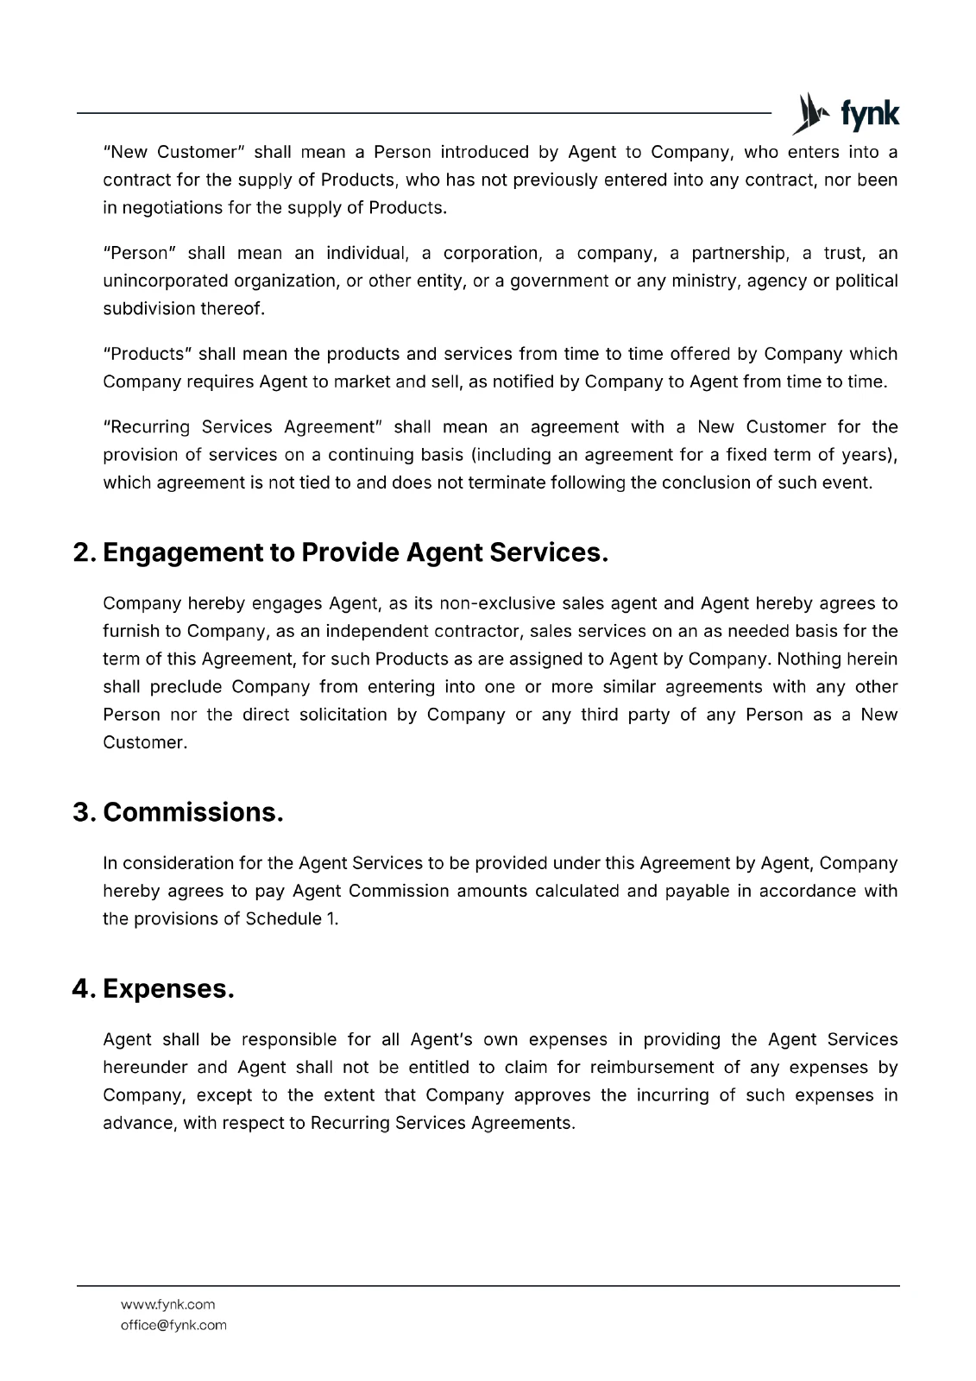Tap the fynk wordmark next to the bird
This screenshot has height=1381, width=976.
coord(870,115)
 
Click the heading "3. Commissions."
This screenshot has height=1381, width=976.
coord(178,812)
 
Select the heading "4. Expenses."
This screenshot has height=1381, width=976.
coord(153,988)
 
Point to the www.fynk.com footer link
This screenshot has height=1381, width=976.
coord(167,1304)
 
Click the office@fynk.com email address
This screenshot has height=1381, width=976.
coord(173,1325)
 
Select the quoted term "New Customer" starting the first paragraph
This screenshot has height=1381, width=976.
coord(175,153)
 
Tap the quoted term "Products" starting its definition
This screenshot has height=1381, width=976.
coord(146,355)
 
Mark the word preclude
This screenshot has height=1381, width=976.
coord(186,687)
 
